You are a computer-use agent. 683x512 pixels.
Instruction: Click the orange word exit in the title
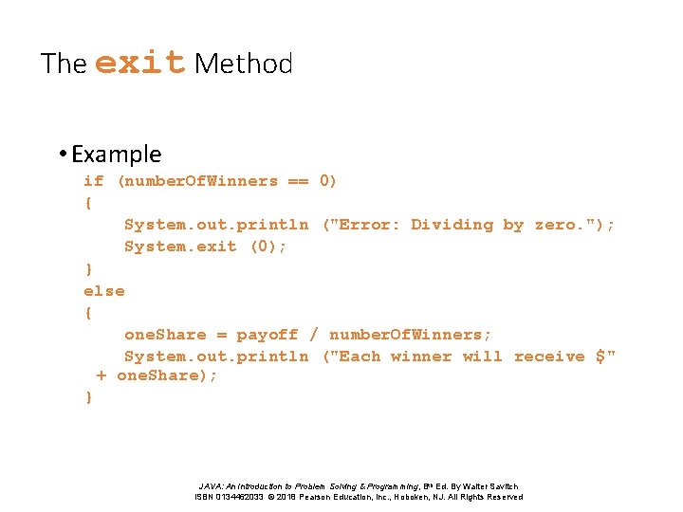point(139,63)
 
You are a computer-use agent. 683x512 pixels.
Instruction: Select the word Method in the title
point(243,64)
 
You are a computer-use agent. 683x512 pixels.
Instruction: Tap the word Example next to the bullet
point(116,154)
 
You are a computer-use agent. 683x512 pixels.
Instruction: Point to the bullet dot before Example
point(62,155)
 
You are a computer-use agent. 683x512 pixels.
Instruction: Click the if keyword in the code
point(94,181)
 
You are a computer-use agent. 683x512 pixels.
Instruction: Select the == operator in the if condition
point(299,181)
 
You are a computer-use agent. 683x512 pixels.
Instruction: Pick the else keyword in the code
point(103,291)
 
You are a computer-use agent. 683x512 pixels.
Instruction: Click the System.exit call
point(180,247)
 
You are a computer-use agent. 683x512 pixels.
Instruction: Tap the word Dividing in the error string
point(452,225)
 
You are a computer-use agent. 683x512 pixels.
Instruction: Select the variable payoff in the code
point(268,335)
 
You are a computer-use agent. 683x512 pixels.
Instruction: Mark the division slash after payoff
point(314,335)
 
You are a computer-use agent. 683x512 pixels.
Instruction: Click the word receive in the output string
point(549,357)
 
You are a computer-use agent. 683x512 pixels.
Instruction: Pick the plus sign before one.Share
point(102,375)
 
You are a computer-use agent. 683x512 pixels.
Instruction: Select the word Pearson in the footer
point(319,497)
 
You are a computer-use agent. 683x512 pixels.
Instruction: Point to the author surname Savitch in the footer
point(502,486)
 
